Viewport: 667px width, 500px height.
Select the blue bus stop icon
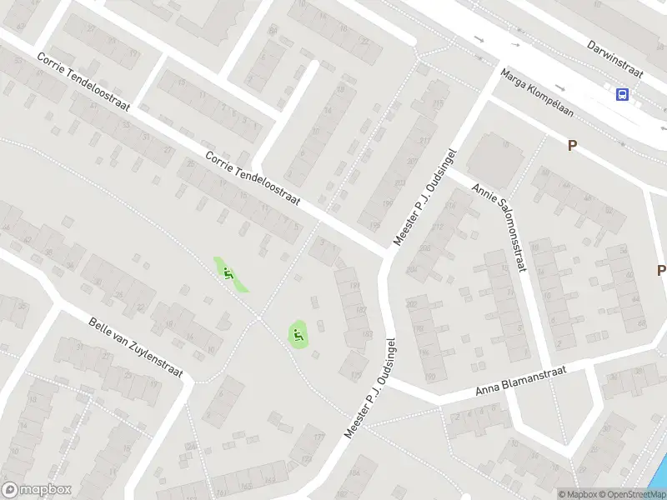[623, 94]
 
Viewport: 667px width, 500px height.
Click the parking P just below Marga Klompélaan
[573, 145]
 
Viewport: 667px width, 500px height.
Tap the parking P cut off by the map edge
[661, 270]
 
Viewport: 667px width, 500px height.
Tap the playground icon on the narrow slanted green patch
[228, 272]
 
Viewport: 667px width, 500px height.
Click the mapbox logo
[36, 490]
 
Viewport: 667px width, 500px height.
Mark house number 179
[355, 376]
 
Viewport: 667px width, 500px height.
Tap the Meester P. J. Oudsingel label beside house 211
[424, 197]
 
